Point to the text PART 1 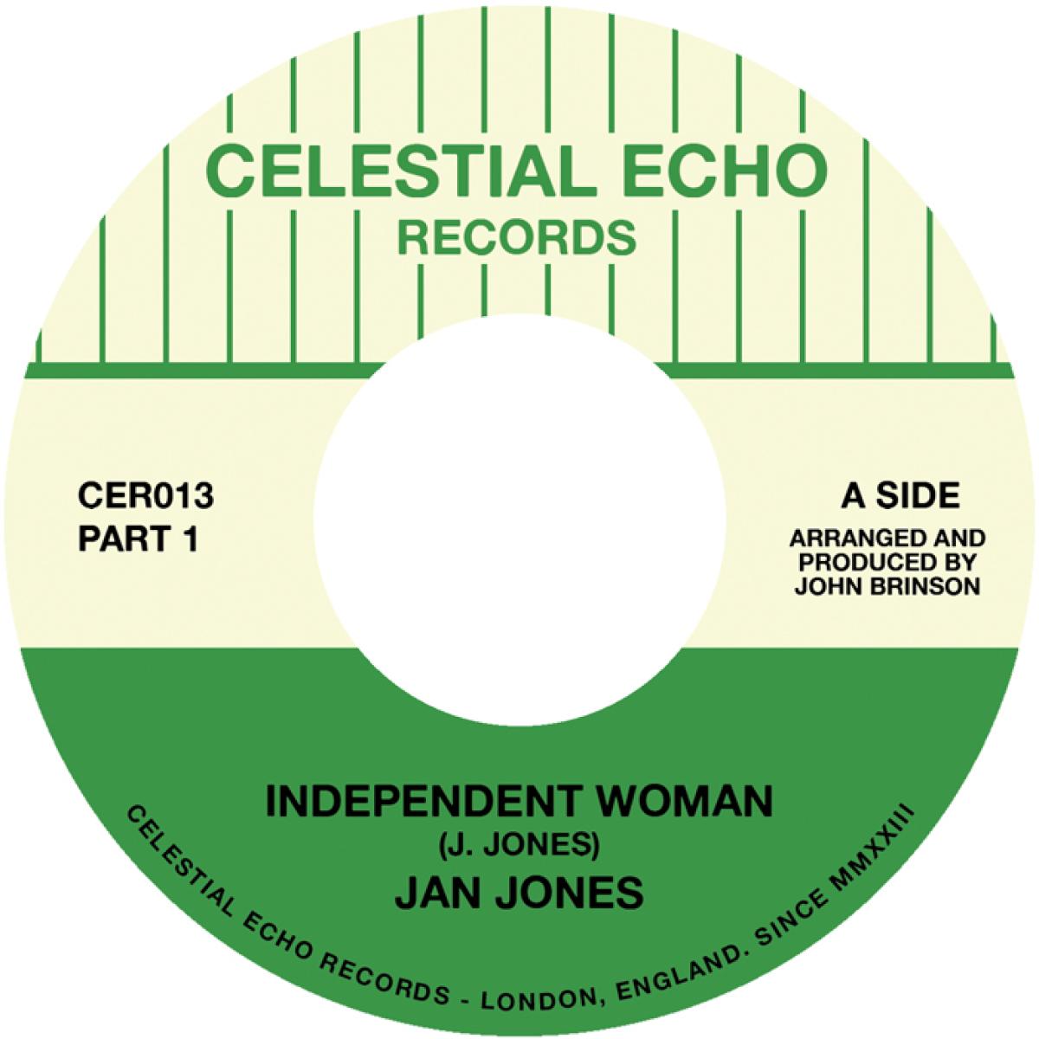[x=139, y=540]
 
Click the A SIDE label [x=900, y=496]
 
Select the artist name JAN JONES [x=519, y=893]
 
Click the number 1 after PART [x=192, y=540]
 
